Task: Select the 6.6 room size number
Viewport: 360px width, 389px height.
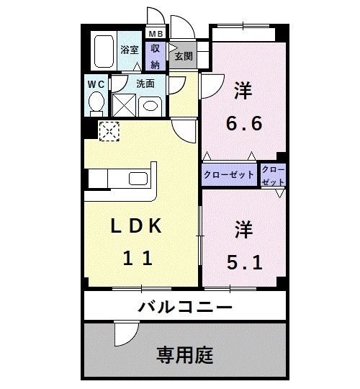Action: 243,122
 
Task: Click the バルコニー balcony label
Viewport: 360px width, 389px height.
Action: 185,308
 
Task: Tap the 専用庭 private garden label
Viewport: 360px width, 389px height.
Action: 185,354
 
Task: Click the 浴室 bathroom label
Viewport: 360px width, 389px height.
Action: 130,50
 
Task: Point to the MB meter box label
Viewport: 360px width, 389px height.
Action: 156,34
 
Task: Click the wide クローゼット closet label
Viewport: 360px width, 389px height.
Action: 229,175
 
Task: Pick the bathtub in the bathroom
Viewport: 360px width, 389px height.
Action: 105,50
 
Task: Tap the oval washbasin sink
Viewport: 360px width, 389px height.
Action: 150,106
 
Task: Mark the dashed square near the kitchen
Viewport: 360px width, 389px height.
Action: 110,130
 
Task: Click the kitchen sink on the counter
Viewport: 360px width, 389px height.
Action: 137,179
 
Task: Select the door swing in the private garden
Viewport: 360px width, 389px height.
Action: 125,333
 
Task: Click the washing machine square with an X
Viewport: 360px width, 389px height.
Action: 124,106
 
